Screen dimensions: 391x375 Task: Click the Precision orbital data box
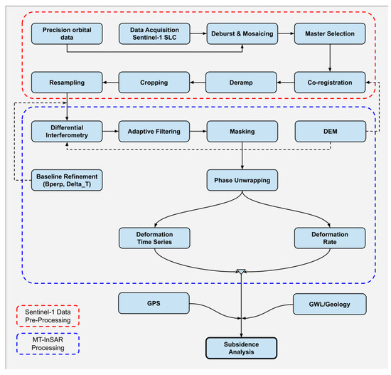(x=67, y=33)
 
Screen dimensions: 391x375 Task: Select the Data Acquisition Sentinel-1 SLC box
(x=154, y=33)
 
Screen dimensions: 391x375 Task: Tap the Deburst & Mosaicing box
(x=242, y=33)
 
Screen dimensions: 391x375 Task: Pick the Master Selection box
(x=330, y=33)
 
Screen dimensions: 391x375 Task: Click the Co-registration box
(x=330, y=83)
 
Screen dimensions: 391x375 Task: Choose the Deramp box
(x=241, y=83)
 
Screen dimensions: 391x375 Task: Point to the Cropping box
(x=154, y=83)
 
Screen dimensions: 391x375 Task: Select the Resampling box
(x=67, y=83)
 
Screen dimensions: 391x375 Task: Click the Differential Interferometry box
(x=67, y=132)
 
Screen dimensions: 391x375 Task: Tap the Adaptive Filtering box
(x=154, y=132)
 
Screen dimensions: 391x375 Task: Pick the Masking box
(x=242, y=132)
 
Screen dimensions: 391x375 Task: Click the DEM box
(x=331, y=132)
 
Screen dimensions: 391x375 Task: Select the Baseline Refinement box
(x=67, y=180)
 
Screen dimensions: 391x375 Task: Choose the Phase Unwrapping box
(x=242, y=180)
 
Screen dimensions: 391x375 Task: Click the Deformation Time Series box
(x=154, y=238)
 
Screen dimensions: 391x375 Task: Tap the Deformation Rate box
(x=330, y=238)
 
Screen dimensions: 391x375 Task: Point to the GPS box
(x=154, y=303)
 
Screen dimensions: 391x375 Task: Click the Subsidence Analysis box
(x=241, y=348)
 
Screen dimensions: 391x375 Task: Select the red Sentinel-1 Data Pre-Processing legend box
(x=48, y=316)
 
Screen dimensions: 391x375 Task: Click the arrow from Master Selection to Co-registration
(x=330, y=58)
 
